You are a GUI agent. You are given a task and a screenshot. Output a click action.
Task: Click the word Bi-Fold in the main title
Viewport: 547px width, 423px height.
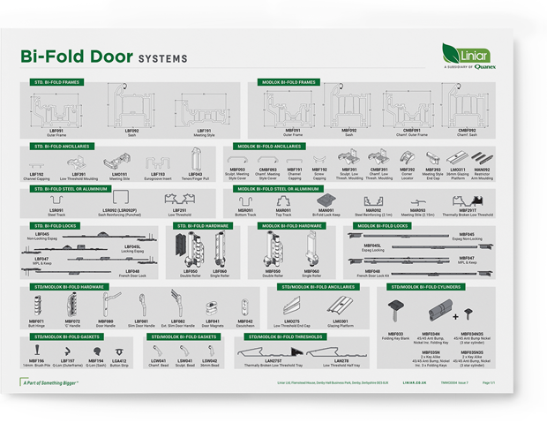(76, 57)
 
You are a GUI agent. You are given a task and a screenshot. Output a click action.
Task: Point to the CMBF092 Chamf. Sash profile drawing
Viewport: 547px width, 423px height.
(466, 109)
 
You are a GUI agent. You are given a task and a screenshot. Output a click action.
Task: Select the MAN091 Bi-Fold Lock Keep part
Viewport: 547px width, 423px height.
(326, 202)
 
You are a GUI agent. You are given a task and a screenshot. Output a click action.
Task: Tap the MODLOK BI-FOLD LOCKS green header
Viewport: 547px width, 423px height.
(384, 226)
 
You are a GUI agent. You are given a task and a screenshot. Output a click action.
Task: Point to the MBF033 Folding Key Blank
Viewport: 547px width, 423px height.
(395, 312)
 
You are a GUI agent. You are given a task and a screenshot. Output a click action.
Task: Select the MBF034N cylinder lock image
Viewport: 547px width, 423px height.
(430, 314)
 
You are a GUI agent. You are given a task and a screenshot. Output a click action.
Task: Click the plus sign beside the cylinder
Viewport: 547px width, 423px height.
(456, 314)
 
